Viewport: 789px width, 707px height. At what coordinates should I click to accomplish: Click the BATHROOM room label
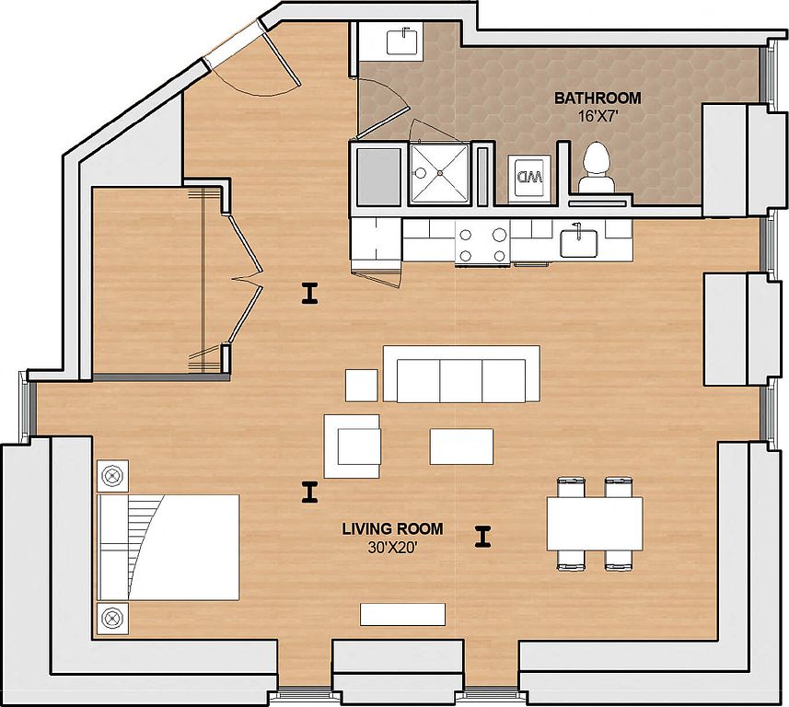click(x=598, y=99)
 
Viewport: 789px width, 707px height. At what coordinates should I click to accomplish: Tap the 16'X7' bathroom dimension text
click(x=598, y=117)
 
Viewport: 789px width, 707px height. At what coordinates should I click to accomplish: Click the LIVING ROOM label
click(x=392, y=528)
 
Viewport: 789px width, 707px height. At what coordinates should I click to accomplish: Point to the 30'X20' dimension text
click(x=393, y=548)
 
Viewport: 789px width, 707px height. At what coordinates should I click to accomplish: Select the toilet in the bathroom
click(x=597, y=168)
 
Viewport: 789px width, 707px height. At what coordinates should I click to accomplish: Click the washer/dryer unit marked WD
click(x=530, y=179)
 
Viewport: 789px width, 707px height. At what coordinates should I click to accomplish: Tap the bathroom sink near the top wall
click(x=402, y=42)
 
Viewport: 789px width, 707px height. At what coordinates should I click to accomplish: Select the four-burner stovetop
click(x=482, y=244)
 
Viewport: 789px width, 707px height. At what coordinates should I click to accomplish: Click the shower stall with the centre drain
click(x=440, y=173)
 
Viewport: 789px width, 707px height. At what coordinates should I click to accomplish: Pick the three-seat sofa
click(x=461, y=374)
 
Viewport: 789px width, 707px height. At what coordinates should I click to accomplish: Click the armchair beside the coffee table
click(x=353, y=446)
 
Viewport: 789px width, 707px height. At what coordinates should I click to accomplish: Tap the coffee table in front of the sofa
click(x=461, y=446)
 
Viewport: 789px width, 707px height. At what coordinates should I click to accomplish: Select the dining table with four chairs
click(x=595, y=524)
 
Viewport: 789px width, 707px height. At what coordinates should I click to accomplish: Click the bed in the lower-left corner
click(x=168, y=547)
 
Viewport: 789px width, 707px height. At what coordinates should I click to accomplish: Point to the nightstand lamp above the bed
click(x=112, y=476)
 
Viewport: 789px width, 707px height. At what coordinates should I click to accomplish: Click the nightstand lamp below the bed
click(x=112, y=618)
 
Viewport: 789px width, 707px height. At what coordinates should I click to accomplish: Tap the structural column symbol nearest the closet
click(x=310, y=294)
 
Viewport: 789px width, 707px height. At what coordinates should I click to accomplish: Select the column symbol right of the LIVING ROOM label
click(x=482, y=537)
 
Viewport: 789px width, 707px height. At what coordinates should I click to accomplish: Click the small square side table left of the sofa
click(x=361, y=385)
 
